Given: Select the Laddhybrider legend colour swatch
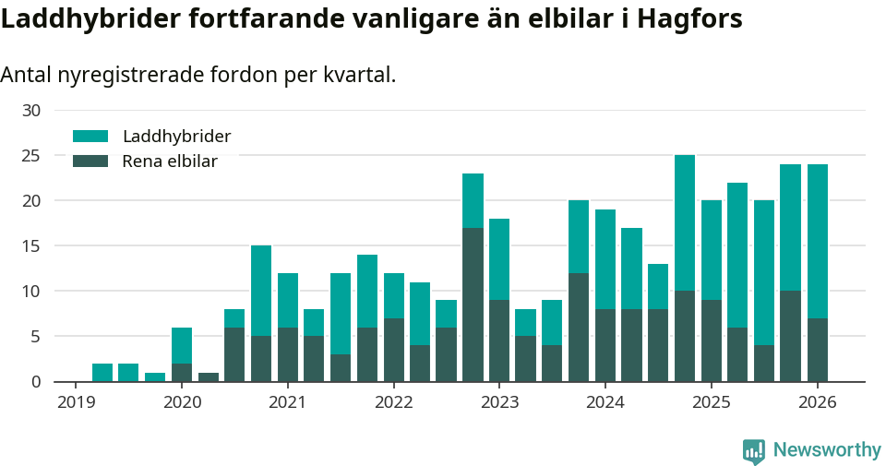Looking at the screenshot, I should point(90,137).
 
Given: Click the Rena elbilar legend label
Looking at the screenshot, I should point(170,161).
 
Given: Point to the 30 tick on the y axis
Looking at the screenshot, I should point(31,111).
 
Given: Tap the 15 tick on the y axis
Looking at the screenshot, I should point(31,245).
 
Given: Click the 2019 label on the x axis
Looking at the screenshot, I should point(76,402).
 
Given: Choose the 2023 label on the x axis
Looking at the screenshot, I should point(499,402).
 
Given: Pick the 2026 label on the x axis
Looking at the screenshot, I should point(817,402).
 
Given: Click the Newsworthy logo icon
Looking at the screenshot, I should point(753,450).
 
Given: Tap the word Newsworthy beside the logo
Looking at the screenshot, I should point(827,450).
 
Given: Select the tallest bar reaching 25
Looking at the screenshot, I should point(685,268).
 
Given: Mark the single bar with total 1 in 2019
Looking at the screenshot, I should point(155,377).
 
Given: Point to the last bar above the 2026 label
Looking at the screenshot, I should point(817,272).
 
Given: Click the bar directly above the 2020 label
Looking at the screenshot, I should point(182,355).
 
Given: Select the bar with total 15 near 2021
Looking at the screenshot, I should point(261,314).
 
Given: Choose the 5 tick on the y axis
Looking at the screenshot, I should point(35,337).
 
